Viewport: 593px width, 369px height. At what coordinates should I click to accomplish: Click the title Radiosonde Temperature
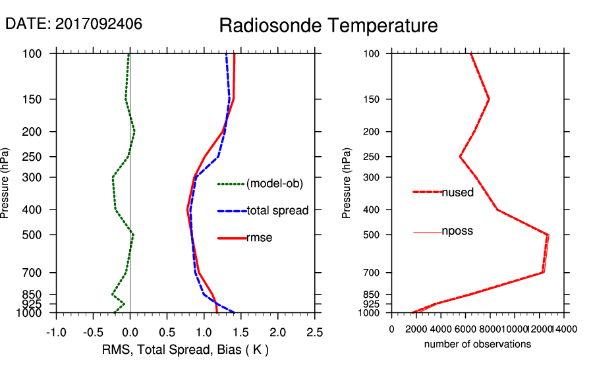click(328, 26)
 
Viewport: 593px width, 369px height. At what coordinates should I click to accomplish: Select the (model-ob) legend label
click(275, 184)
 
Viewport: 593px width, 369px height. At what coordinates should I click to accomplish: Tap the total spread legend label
click(277, 211)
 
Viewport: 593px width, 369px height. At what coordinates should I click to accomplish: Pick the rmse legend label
click(259, 238)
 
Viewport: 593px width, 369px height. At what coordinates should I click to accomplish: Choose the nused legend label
click(457, 192)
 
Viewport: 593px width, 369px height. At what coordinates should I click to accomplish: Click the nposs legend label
click(457, 231)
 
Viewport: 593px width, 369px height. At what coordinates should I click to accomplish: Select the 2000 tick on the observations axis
click(416, 330)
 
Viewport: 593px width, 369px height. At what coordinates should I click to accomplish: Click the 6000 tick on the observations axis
click(465, 330)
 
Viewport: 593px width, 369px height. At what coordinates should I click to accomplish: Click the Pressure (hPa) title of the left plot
click(6, 183)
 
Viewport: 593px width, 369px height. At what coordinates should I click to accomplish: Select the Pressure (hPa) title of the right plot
click(347, 183)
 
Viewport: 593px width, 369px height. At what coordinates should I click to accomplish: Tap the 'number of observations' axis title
click(478, 344)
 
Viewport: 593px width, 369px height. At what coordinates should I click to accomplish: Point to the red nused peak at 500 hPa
click(548, 235)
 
